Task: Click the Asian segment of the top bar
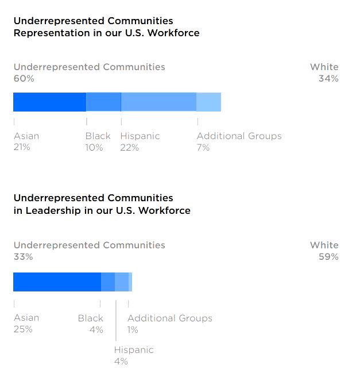pos(49,102)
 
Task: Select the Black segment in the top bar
pos(103,102)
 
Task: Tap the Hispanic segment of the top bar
pos(158,102)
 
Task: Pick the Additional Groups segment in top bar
pos(208,102)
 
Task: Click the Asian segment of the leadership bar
pos(57,282)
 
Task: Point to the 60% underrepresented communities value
pos(24,79)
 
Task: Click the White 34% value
pos(328,79)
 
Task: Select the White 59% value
pos(328,257)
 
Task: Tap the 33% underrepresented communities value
pos(24,257)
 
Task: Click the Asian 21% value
pos(22,148)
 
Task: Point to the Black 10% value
pos(94,148)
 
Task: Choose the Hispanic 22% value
pos(130,148)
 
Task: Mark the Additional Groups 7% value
pos(203,148)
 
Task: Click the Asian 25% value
pos(23,329)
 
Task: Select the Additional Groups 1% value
pos(133,329)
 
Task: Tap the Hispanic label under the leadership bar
pos(134,350)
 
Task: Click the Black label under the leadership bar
pos(91,318)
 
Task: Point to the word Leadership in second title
pos(48,210)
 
